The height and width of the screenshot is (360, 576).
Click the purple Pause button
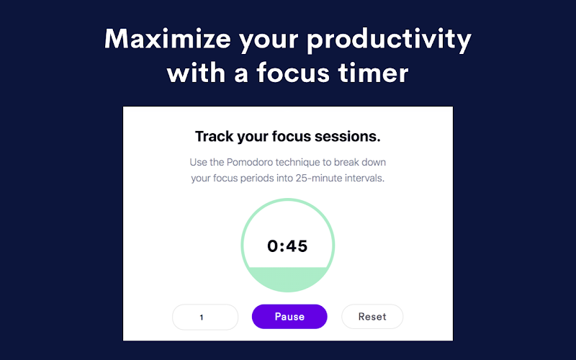click(x=289, y=317)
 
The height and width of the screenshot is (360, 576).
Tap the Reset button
click(x=372, y=317)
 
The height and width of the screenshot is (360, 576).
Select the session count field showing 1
click(x=205, y=317)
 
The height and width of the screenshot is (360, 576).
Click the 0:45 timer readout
click(x=287, y=246)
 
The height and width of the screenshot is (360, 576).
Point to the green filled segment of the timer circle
click(x=287, y=279)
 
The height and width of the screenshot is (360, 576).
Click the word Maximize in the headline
click(x=168, y=39)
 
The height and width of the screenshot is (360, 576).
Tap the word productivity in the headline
click(x=389, y=40)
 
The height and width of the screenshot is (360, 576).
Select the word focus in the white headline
click(x=293, y=73)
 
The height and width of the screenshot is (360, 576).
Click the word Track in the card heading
click(x=214, y=136)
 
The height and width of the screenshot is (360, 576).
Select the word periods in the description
click(x=257, y=179)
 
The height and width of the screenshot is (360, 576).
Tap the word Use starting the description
click(x=199, y=163)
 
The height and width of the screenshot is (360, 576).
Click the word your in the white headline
click(x=269, y=41)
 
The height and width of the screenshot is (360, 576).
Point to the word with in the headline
click(x=196, y=73)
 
